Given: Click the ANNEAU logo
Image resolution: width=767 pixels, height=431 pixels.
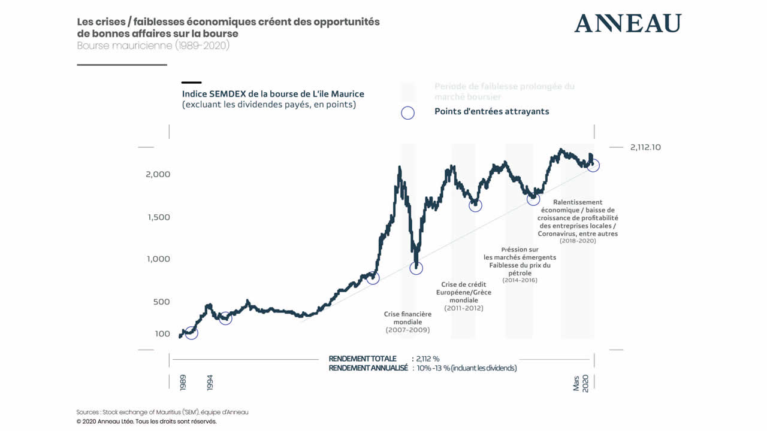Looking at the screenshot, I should click(627, 23).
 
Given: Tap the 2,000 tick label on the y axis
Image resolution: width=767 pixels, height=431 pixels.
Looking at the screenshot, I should click(159, 174).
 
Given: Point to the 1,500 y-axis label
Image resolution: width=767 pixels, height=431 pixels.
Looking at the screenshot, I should click(159, 217).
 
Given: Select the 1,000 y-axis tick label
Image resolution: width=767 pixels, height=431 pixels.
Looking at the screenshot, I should click(159, 259).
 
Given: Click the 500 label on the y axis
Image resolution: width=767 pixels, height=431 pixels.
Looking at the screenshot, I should click(162, 302).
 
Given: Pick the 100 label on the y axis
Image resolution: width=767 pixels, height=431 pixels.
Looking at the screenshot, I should click(162, 333).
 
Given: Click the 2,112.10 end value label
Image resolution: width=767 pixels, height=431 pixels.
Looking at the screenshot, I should click(645, 147).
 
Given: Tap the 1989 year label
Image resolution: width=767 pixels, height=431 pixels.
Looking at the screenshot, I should click(183, 383).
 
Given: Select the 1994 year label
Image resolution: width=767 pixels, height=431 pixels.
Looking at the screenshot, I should click(210, 383).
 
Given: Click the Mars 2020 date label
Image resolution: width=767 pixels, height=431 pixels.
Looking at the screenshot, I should click(581, 383).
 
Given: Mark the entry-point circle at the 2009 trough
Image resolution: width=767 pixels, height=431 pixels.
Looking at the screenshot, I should click(416, 268).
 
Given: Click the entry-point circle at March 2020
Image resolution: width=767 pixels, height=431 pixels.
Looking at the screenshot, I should click(593, 165).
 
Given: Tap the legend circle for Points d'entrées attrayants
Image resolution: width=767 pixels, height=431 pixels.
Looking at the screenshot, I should click(407, 112).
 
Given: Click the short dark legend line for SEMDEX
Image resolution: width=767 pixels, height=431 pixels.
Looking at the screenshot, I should click(192, 83).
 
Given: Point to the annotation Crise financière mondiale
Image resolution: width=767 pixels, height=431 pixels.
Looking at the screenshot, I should click(407, 318).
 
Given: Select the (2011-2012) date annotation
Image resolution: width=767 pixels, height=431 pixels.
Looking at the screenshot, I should click(464, 308).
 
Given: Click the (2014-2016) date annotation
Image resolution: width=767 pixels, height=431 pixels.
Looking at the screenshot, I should click(519, 280).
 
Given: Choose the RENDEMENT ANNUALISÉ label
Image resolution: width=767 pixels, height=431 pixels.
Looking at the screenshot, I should click(368, 368).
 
